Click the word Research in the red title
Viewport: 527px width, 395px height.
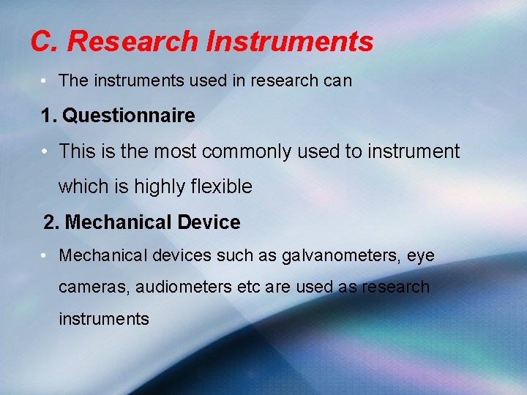132,42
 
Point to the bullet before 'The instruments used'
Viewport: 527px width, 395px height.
45,80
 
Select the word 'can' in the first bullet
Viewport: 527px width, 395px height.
337,80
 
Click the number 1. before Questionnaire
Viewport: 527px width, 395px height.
49,116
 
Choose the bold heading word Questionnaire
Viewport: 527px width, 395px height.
130,116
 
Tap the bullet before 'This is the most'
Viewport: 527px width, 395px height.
45,151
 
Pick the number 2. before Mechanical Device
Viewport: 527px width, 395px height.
52,222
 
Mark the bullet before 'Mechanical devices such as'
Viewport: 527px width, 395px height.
45,256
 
